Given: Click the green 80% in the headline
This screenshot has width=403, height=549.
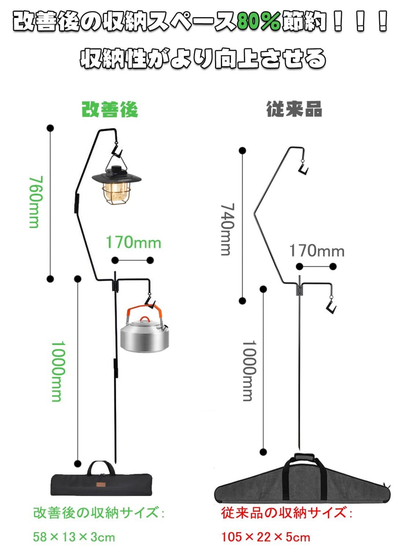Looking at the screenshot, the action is pos(258,22).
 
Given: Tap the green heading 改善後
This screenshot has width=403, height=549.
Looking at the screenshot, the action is pos(110,109).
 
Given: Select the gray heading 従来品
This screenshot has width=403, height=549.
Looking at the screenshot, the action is pos(294,109).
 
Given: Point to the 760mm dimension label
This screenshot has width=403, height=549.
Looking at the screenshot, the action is pos(36,202).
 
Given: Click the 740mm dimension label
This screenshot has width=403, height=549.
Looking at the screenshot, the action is pos(227,229).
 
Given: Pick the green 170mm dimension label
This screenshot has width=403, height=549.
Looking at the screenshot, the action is pos(133,242).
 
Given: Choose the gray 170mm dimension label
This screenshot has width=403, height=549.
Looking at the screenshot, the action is pos(317,251).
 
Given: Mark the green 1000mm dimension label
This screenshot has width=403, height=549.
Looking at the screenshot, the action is pos(58,371).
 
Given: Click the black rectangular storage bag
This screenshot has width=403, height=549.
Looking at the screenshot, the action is pos(101,480).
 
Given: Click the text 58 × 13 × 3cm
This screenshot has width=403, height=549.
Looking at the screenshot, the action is pos(74,537).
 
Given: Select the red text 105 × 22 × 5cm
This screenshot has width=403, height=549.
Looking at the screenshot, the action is pos(266,537).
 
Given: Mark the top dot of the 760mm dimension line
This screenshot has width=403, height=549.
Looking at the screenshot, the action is pos(50,128).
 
